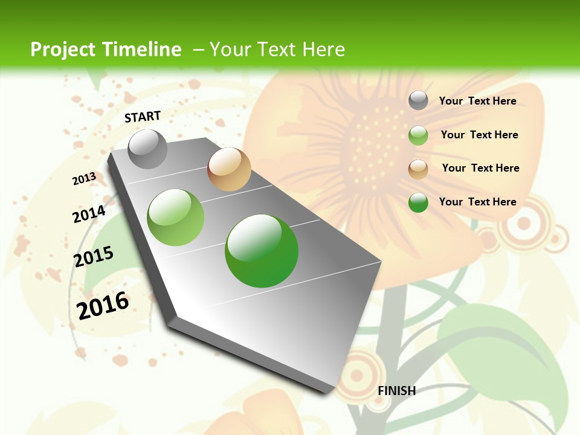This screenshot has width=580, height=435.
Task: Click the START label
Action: pyautogui.click(x=143, y=117)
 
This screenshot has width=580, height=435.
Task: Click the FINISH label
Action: pyautogui.click(x=397, y=391)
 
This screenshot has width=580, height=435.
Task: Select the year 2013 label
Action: pyautogui.click(x=84, y=179)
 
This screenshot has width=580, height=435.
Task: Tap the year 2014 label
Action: pyautogui.click(x=89, y=214)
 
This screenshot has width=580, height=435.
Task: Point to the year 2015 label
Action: pyautogui.click(x=94, y=257)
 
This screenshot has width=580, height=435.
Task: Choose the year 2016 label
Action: pyautogui.click(x=103, y=305)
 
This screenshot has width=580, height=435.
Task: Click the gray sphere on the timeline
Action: pyautogui.click(x=147, y=149)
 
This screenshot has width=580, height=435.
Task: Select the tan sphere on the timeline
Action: pyautogui.click(x=229, y=169)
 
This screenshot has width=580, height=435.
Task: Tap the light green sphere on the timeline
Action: pyautogui.click(x=176, y=217)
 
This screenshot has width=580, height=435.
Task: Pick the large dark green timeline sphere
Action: pyautogui.click(x=262, y=251)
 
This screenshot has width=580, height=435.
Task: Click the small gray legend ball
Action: pyautogui.click(x=418, y=100)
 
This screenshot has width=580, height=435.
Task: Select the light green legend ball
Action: pyautogui.click(x=418, y=135)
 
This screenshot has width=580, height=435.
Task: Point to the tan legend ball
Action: pyautogui.click(x=418, y=169)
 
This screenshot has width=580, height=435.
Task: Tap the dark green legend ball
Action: pyautogui.click(x=418, y=202)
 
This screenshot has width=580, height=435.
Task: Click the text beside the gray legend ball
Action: pyautogui.click(x=477, y=101)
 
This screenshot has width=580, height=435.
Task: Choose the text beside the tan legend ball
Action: pyautogui.click(x=480, y=168)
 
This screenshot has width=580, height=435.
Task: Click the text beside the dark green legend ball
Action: pyautogui.click(x=477, y=202)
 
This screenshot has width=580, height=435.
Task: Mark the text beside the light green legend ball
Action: pyautogui.click(x=479, y=135)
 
